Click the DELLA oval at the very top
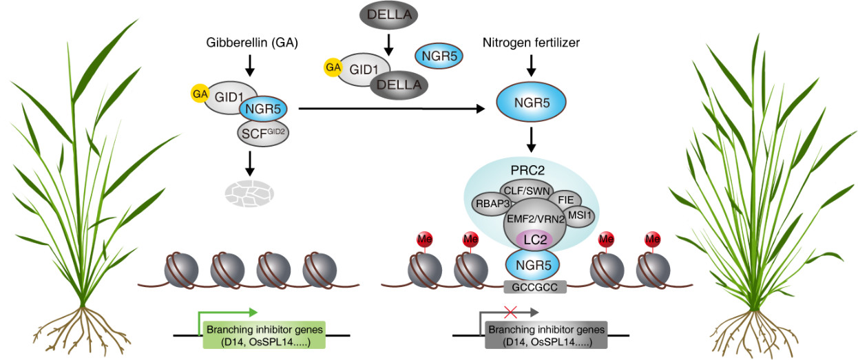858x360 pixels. click(x=388, y=14)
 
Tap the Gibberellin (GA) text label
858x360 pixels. click(x=252, y=43)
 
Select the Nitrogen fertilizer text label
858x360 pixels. click(x=531, y=43)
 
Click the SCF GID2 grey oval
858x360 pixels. click(x=263, y=134)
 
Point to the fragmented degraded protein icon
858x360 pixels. click(x=249, y=193)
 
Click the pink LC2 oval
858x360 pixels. click(x=535, y=240)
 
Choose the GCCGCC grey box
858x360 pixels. click(x=535, y=287)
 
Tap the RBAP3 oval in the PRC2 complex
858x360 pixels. click(x=492, y=204)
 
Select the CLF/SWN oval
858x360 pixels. click(x=526, y=191)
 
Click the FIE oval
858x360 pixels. click(x=566, y=200)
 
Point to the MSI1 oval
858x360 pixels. click(x=579, y=215)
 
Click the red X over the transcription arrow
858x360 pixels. click(x=510, y=312)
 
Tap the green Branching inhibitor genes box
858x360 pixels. click(x=264, y=335)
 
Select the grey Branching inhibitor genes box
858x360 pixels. click(x=546, y=335)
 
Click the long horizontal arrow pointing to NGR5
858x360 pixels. click(x=392, y=109)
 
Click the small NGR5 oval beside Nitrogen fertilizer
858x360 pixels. click(x=439, y=56)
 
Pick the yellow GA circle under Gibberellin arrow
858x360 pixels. click(x=200, y=94)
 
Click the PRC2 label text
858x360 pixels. click(x=527, y=170)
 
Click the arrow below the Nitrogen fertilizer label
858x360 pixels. click(x=531, y=66)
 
